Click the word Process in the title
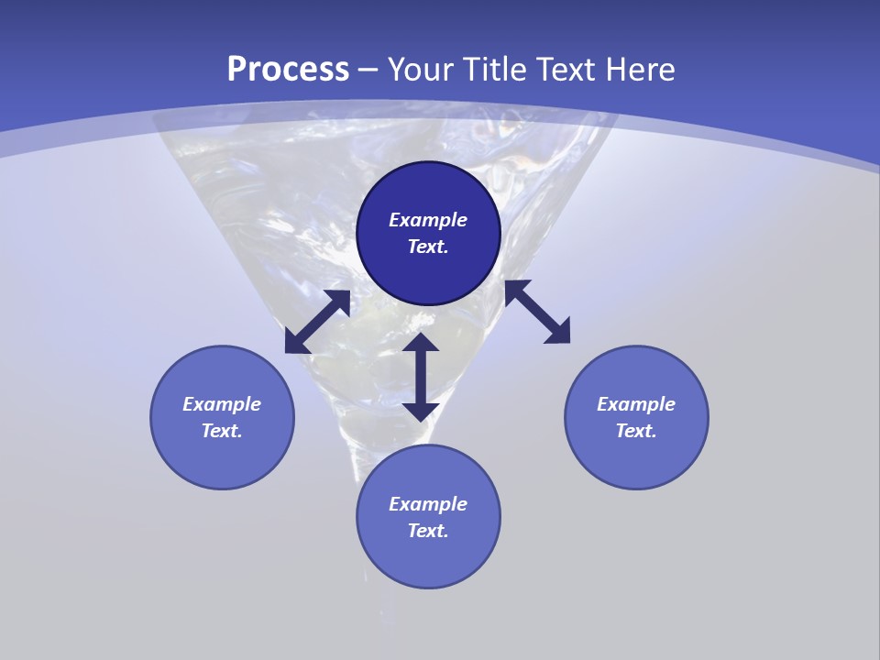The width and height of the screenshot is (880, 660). pos(288,70)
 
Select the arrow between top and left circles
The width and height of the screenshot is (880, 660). pos(317,322)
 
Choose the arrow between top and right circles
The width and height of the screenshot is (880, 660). pos(537,312)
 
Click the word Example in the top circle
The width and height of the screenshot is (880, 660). pos(428,220)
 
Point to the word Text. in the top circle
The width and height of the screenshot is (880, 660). pos(428,247)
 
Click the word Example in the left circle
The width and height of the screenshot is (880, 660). pos(222,404)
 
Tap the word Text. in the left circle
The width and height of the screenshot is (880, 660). pos(222,431)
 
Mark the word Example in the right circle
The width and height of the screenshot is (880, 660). pos(636,404)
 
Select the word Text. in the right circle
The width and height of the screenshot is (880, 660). pos(636,431)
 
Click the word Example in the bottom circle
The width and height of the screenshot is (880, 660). pos(428,504)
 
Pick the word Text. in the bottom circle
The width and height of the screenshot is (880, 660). pos(428,531)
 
